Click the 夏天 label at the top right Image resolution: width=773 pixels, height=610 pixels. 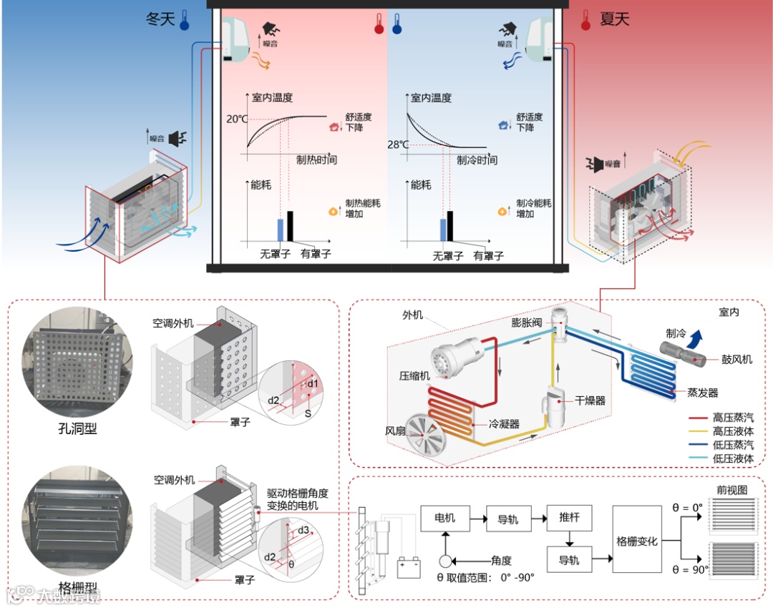pos(614,19)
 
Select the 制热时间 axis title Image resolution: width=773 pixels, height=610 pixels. pos(316,159)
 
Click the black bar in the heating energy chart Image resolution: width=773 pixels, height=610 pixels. pos(290,226)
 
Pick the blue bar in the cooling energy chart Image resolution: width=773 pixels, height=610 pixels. pos(442,229)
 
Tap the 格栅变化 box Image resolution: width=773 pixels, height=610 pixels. pos(637,541)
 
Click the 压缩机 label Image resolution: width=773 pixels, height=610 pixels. pos(415,375)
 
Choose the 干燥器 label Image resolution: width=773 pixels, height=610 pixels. pos(590,400)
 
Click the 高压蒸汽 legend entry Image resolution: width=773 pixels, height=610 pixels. pos(732,418)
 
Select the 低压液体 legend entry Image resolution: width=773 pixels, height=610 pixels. pos(732,458)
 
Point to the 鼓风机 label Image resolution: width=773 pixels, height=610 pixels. pos(737,360)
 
